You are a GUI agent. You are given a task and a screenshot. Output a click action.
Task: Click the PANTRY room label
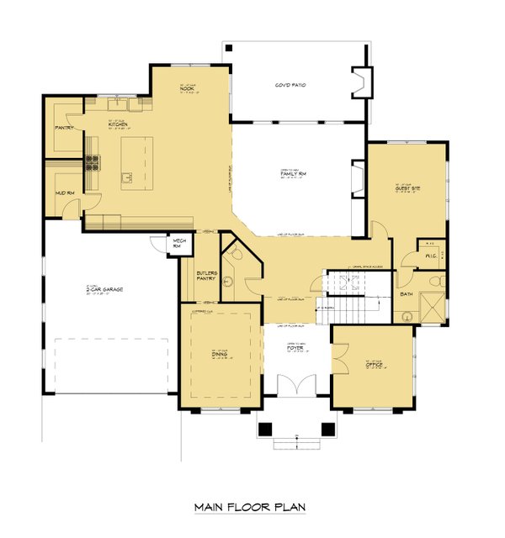pyautogui.click(x=65, y=129)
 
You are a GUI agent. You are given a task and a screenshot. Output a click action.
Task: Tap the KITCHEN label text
pyautogui.click(x=117, y=124)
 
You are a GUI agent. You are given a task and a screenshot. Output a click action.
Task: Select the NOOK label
pyautogui.click(x=187, y=88)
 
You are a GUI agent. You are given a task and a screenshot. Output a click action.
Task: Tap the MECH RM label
pyautogui.click(x=178, y=244)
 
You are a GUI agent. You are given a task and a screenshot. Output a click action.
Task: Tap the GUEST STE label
pyautogui.click(x=408, y=188)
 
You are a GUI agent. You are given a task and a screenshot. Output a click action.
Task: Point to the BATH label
pyautogui.click(x=407, y=294)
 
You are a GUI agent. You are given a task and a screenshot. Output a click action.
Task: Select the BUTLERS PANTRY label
pyautogui.click(x=205, y=277)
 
